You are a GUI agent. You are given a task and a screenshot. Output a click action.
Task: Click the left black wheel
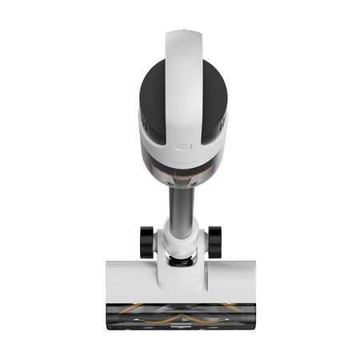point(146,242)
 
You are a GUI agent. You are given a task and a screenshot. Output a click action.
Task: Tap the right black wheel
point(214,242)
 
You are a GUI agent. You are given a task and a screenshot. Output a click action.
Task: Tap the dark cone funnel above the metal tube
point(181,181)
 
